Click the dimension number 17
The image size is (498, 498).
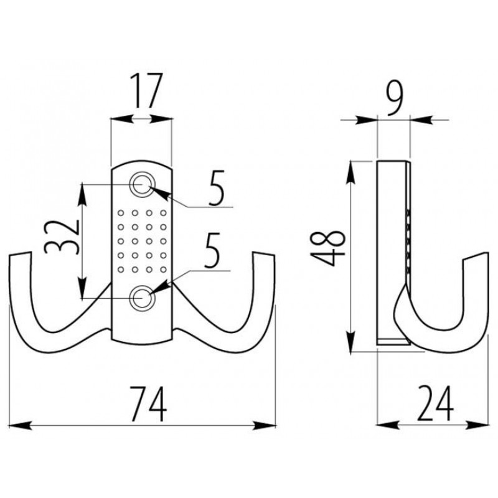tap(146, 90)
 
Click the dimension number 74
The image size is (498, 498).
tap(148, 404)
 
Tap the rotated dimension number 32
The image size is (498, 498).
tap(62, 237)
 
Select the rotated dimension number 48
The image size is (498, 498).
tap(328, 248)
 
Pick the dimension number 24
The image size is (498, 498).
tap(435, 403)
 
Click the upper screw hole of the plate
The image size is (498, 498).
tap(142, 184)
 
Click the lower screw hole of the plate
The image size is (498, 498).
tap(142, 298)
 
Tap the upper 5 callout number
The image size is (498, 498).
tap(216, 188)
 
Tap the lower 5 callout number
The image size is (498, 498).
tap(212, 250)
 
